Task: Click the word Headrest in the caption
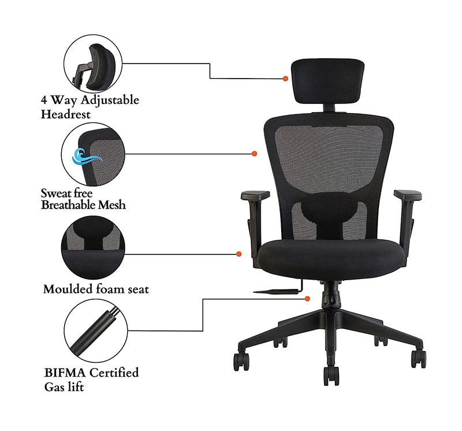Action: [65, 114]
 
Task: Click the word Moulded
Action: [68, 289]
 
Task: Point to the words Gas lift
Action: [64, 387]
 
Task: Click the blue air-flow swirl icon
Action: [85, 157]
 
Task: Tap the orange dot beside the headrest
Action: [285, 79]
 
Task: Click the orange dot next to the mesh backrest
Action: [255, 154]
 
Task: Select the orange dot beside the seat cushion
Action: [239, 254]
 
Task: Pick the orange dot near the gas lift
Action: [308, 299]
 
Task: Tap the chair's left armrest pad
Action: [255, 195]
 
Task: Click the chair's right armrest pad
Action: [408, 195]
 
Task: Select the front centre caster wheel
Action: [331, 376]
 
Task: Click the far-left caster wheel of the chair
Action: [241, 362]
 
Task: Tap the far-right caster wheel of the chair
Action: [419, 359]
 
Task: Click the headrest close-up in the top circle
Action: [93, 64]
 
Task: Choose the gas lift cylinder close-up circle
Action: [96, 330]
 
